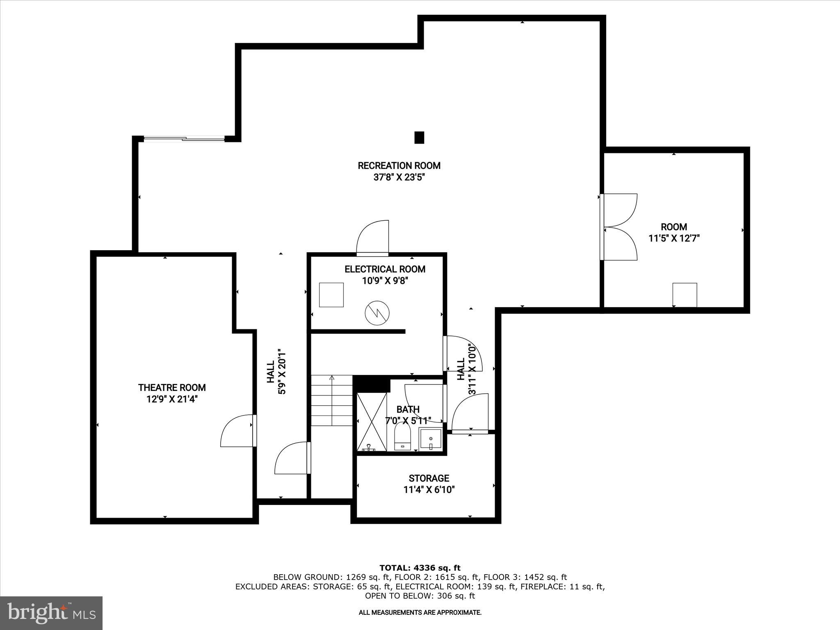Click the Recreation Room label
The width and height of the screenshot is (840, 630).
[x=399, y=166]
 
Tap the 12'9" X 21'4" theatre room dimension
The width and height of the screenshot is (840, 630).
[x=172, y=399]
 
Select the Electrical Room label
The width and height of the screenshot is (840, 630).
[x=385, y=269]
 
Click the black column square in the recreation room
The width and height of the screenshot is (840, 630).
[x=419, y=137]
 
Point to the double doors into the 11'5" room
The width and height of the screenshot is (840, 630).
[x=619, y=227]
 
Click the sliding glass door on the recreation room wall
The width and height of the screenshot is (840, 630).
[x=184, y=139]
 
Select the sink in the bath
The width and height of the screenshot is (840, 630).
[x=430, y=439]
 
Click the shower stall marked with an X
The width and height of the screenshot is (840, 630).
[x=372, y=422]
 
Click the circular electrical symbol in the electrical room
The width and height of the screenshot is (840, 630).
[x=377, y=313]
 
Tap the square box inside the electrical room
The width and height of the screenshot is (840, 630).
[x=331, y=294]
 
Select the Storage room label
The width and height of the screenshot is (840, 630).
[x=429, y=478]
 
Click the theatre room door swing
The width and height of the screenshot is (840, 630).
[x=237, y=431]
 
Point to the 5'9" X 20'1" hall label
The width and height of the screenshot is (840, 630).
[x=276, y=372]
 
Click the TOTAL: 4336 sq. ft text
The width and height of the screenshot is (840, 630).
[x=420, y=568]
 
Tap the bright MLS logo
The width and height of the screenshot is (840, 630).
[x=51, y=613]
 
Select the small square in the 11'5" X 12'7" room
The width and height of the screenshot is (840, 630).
[x=685, y=294]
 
